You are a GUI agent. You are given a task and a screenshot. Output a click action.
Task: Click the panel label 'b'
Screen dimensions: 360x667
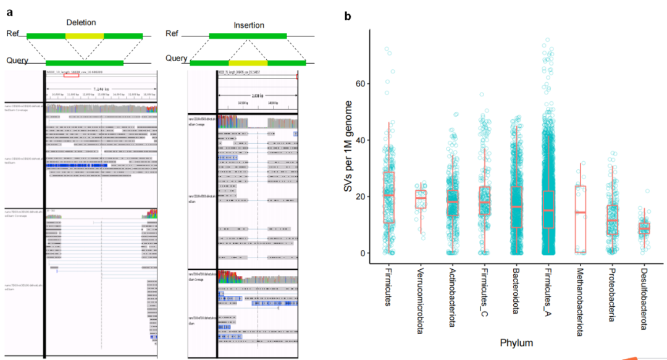pyautogui.click(x=348, y=15)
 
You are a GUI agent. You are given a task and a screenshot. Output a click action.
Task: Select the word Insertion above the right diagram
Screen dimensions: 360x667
pyautogui.click(x=248, y=25)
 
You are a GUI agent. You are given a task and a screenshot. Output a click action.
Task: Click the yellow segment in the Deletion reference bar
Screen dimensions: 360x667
pyautogui.click(x=85, y=36)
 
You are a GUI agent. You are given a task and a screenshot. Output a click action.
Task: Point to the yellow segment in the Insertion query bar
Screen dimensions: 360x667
pyautogui.click(x=248, y=62)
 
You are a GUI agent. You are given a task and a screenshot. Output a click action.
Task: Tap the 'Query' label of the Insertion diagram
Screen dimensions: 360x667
pyautogui.click(x=176, y=58)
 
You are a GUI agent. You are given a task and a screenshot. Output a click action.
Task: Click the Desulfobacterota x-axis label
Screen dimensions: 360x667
pyautogui.click(x=644, y=296)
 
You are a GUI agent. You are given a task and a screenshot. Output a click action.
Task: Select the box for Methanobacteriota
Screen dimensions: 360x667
pyautogui.click(x=579, y=219)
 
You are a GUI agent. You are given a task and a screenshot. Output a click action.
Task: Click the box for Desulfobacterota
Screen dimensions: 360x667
pyautogui.click(x=644, y=228)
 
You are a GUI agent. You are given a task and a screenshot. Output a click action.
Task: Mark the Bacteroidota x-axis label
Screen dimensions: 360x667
pyautogui.click(x=515, y=291)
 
